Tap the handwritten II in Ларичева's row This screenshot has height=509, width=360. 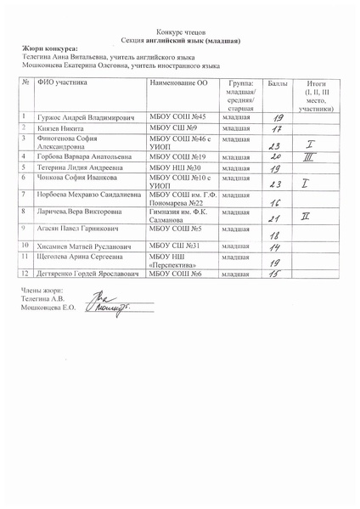pyautogui.click(x=305, y=217)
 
